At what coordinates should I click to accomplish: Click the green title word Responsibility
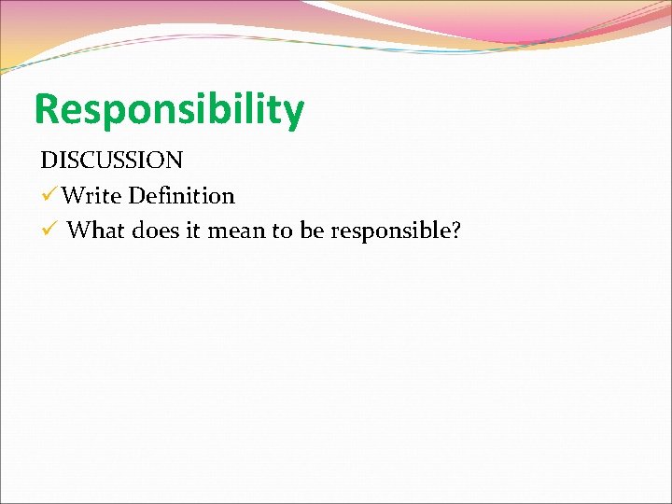click(x=169, y=110)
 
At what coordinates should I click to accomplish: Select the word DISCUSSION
click(x=111, y=160)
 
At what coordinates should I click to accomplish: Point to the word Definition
click(x=182, y=196)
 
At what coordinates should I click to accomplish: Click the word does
click(x=157, y=231)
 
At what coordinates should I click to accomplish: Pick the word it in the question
click(x=193, y=231)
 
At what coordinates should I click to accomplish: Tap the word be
click(x=312, y=231)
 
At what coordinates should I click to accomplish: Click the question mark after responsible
click(x=455, y=231)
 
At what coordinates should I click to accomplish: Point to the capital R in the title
click(x=48, y=109)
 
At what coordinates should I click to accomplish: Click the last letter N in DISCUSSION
click(x=174, y=160)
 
